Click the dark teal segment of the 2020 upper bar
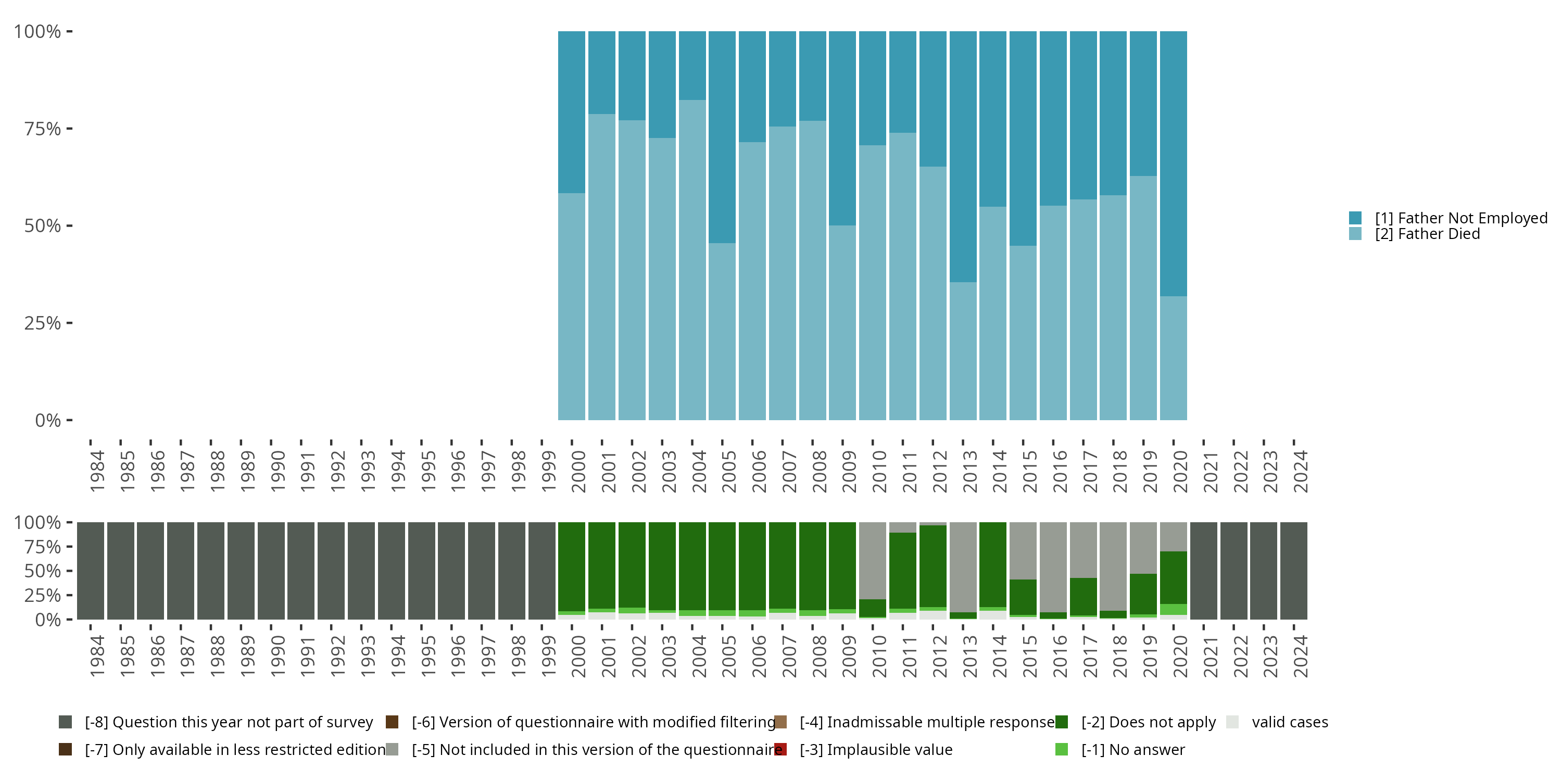1173,163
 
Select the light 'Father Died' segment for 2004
692,261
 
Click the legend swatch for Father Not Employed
1355,218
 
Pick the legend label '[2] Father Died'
1427,234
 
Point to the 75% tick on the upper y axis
69,129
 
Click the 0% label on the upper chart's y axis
47,420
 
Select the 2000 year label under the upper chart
578,472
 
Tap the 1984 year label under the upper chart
96,472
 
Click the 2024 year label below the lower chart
1300,657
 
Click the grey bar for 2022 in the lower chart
1233,571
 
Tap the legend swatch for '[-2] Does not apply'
1061,722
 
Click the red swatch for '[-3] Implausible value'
780,749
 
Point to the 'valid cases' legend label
1290,722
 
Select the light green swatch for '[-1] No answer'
1061,749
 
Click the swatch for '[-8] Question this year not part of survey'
66,722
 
